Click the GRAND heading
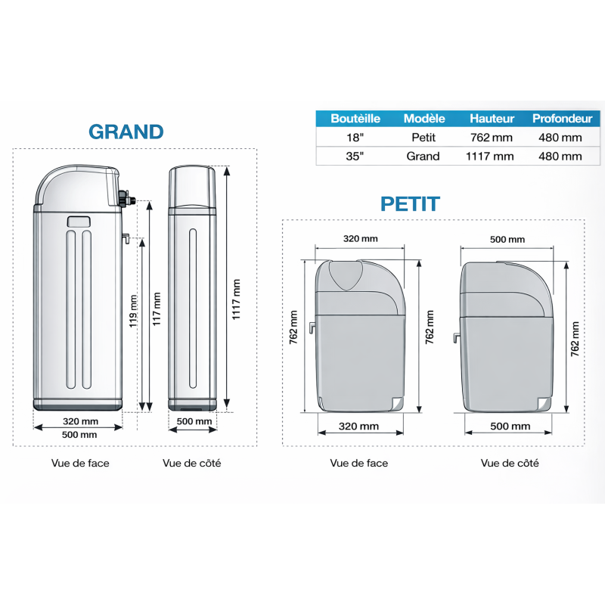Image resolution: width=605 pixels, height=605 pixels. pyautogui.click(x=126, y=132)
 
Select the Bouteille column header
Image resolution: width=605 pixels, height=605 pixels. pyautogui.click(x=355, y=119)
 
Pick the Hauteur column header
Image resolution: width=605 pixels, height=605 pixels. pyautogui.click(x=492, y=119)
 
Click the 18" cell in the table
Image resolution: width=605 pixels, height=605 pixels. pyautogui.click(x=355, y=138)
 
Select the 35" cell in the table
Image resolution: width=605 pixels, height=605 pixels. pyautogui.click(x=355, y=157)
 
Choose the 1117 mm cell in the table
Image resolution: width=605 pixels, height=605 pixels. pyautogui.click(x=492, y=157)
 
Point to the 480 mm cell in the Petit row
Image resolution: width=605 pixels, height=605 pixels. pyautogui.click(x=560, y=138)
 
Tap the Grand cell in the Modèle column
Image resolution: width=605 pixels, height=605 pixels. pyautogui.click(x=423, y=157)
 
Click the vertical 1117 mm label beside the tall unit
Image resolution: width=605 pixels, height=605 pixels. pyautogui.click(x=237, y=299)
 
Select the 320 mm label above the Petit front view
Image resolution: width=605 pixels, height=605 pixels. pyautogui.click(x=360, y=239)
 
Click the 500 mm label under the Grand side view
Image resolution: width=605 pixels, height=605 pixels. pyautogui.click(x=194, y=420)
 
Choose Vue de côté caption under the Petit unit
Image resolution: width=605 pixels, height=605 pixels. pyautogui.click(x=510, y=463)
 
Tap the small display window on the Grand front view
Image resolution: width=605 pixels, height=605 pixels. pyautogui.click(x=79, y=222)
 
